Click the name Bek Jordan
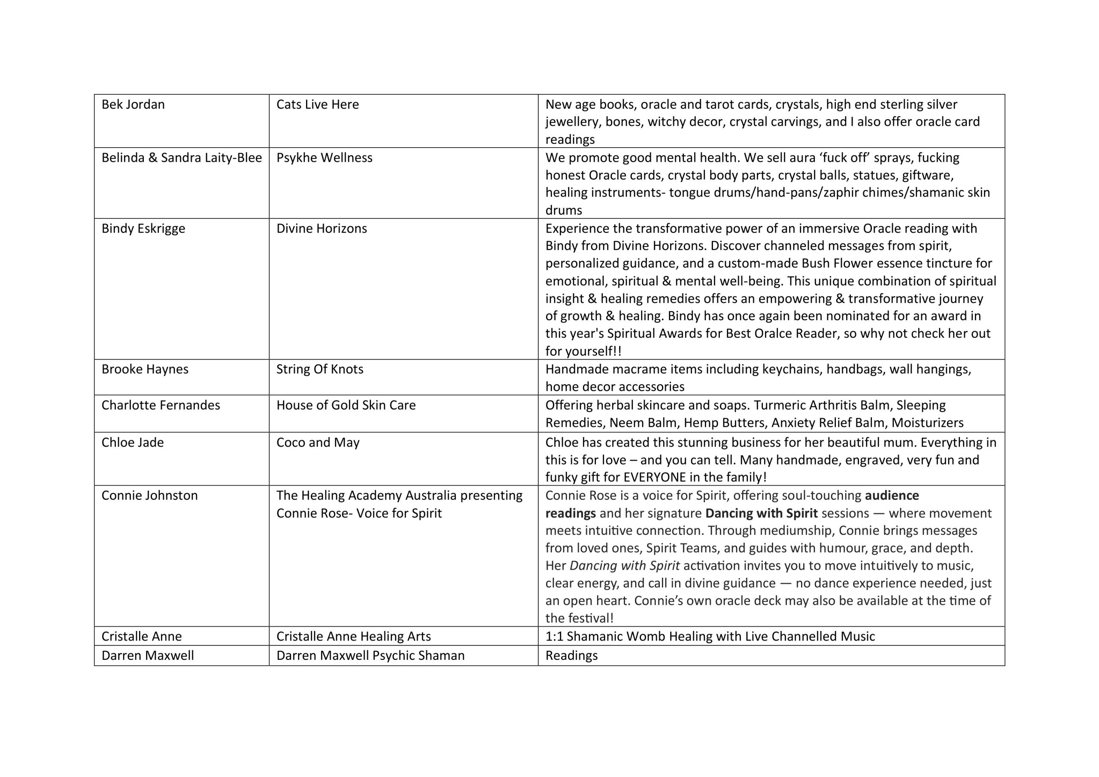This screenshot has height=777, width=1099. [x=133, y=104]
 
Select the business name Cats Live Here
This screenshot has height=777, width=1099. [x=317, y=104]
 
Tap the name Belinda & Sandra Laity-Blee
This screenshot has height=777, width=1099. [x=182, y=158]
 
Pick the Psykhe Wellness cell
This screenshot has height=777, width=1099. [x=324, y=158]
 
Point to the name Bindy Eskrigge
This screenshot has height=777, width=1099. [x=143, y=228]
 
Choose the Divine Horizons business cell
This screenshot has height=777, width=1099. [x=322, y=228]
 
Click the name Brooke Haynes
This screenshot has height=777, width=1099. [x=145, y=369]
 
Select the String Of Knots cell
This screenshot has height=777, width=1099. [x=320, y=369]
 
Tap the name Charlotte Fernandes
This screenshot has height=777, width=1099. [x=161, y=405]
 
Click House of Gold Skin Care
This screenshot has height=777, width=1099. [x=346, y=405]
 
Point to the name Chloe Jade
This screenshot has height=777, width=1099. [x=133, y=442]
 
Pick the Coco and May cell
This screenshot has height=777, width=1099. [x=318, y=442]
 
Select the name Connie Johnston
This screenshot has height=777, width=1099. [x=149, y=495]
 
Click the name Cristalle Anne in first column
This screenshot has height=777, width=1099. [x=142, y=636]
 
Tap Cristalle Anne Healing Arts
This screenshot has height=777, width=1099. [x=354, y=636]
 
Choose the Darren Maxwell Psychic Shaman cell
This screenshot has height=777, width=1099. [x=370, y=656]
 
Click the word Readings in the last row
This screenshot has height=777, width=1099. [x=571, y=656]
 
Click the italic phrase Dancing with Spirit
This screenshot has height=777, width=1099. [x=624, y=565]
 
